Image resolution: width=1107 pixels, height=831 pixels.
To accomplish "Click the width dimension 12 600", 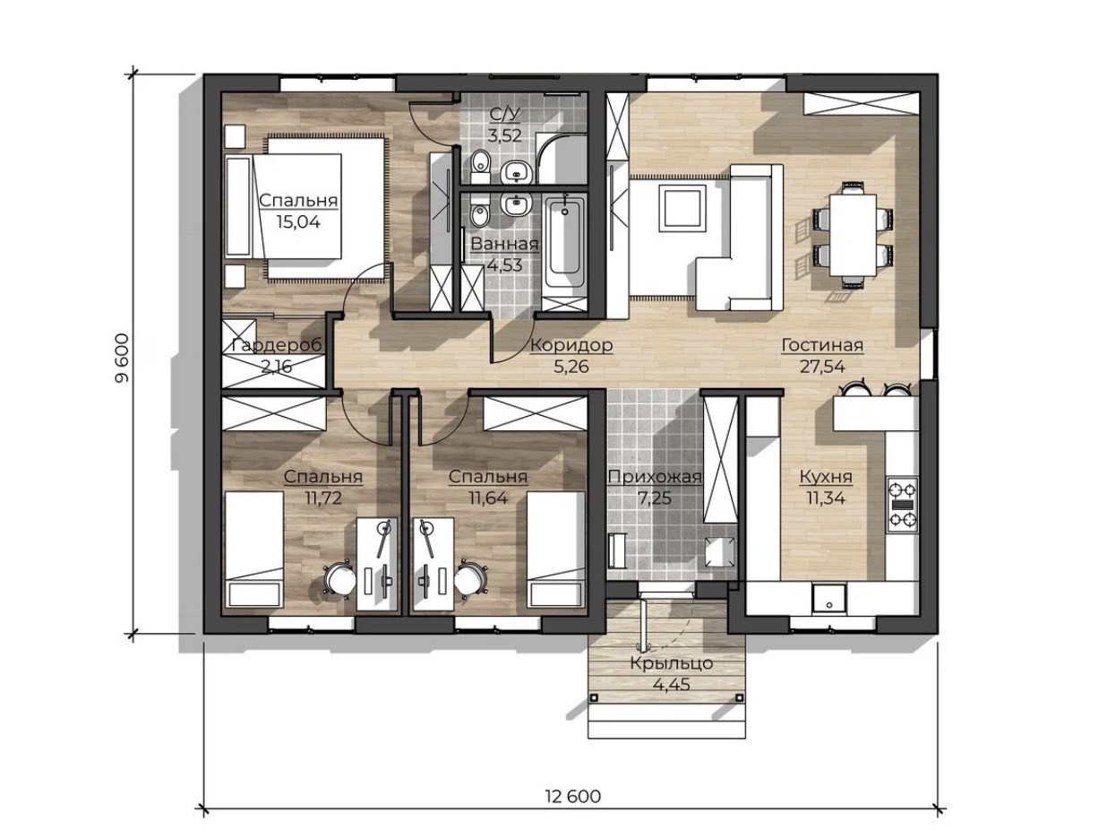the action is point(573,796).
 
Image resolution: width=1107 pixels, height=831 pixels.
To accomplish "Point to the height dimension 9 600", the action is point(122,359).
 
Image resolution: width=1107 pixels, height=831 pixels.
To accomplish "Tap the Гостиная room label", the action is point(821,346).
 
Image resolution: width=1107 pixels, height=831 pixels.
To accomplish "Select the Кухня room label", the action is point(826,477).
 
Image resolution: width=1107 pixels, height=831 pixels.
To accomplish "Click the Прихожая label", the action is point(655,477).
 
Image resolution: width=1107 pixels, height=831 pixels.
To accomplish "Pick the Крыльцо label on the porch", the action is point(671,663).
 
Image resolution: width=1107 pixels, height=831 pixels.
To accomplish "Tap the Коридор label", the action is point(571,346).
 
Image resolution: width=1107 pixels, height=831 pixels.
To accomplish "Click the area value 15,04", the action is point(297,222).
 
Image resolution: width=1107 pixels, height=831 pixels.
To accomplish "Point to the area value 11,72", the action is point(323,498).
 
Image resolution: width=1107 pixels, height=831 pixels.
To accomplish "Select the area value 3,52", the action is point(504,136).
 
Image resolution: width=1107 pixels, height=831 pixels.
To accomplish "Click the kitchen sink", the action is point(829,599).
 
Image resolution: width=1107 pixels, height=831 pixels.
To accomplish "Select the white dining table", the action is point(853,235).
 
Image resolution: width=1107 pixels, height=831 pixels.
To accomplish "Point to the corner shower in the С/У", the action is point(561,158).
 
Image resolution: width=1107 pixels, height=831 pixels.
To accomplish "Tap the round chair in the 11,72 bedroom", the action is point(339,577).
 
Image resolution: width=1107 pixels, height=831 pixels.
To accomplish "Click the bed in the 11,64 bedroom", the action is point(556,550).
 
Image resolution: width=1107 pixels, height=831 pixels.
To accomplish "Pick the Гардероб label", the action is point(277,346).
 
